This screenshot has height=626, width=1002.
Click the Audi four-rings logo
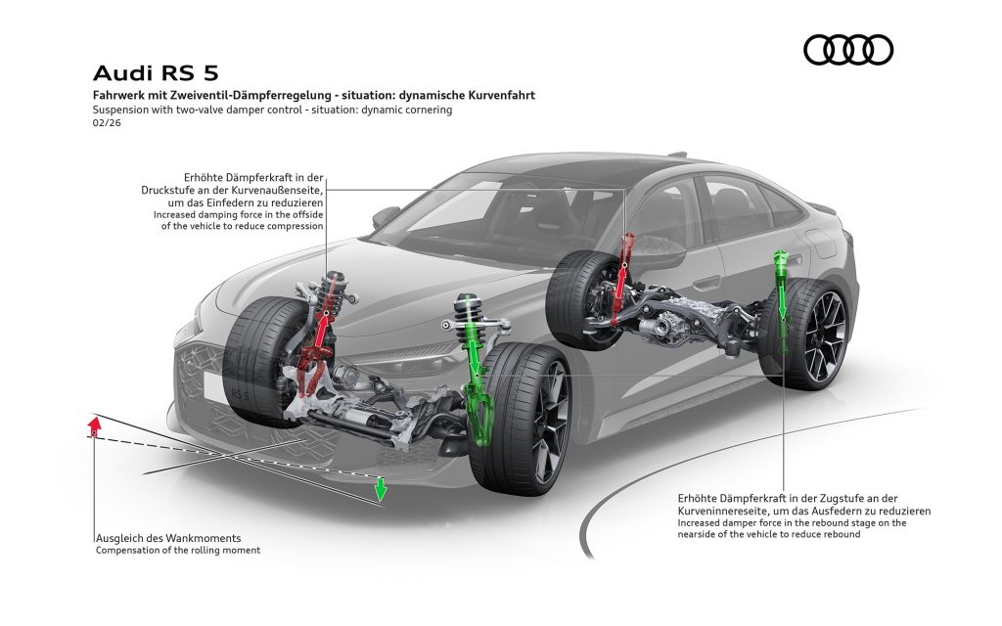point(847,50)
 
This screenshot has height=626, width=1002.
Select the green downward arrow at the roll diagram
point(382,487)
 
